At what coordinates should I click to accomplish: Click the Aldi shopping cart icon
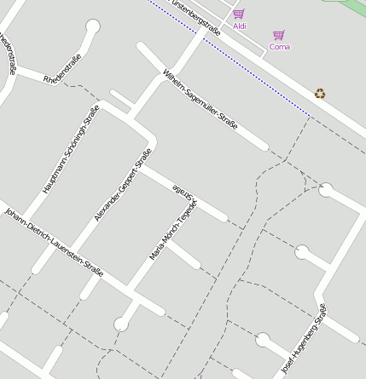coord(239,14)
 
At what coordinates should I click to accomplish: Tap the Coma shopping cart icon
coord(278,35)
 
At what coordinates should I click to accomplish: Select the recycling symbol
coord(319,93)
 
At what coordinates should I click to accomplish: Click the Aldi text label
coord(240,26)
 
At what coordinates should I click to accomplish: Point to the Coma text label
coord(279,47)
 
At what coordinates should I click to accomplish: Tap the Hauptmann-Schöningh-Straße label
coord(71,149)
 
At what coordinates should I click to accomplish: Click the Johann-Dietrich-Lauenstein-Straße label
coord(54,242)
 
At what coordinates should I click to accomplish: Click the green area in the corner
coord(353,8)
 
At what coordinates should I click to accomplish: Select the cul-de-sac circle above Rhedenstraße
coord(92,26)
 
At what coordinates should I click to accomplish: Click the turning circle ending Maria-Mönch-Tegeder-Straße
coord(121,324)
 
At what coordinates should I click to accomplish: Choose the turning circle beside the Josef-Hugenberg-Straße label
coord(263,340)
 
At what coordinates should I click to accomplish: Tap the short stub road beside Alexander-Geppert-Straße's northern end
coord(121,99)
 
